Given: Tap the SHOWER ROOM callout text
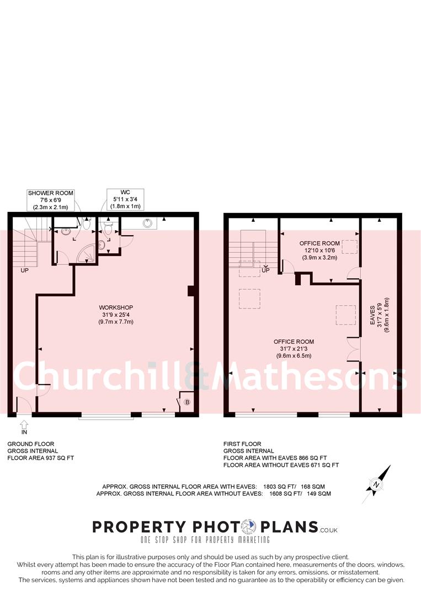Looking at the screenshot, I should [50, 200].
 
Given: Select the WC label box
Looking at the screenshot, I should [124, 199].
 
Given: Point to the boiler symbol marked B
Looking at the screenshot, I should [187, 402].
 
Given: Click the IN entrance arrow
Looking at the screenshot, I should [24, 424].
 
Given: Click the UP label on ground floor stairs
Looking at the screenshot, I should [25, 271].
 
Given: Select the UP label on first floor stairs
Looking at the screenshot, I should [265, 270].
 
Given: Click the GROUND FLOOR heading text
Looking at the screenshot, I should [31, 444].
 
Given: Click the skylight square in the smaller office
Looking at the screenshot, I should [349, 247].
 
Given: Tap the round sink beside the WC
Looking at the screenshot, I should [148, 223].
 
